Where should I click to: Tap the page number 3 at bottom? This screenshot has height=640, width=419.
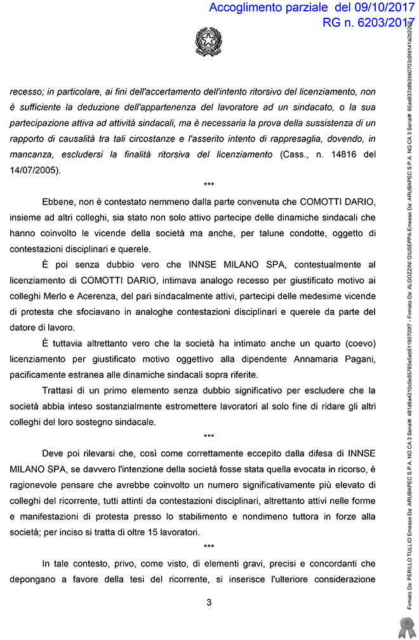click(x=209, y=603)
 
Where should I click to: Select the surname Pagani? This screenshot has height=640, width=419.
click(x=357, y=359)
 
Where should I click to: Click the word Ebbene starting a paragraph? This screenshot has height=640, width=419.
click(x=59, y=202)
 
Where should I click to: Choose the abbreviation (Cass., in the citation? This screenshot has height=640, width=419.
click(x=292, y=154)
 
